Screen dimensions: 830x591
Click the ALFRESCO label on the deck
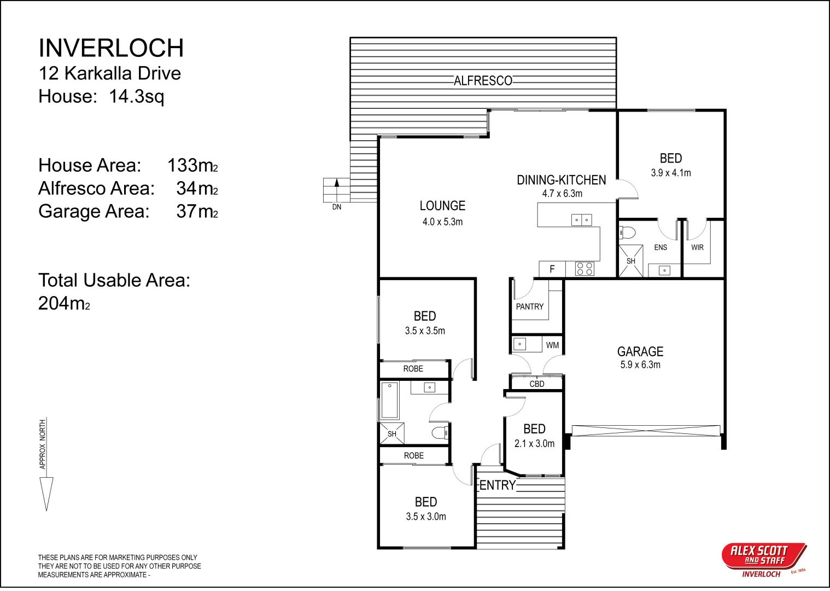coord(483,80)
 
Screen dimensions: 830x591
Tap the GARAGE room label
coord(640,351)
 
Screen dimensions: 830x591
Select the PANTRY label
coord(529,306)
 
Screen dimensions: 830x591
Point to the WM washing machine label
coord(552,345)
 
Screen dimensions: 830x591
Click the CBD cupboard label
coord(537,384)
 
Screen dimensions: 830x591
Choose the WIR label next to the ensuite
coord(697,247)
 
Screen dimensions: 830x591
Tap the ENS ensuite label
coord(661,247)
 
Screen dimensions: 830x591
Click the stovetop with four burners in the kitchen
coord(584,269)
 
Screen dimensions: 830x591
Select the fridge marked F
coord(552,269)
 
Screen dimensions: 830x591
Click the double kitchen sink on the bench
coord(581,220)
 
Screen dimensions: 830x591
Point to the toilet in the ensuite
coord(627,233)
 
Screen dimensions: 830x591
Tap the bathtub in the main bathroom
coord(389,401)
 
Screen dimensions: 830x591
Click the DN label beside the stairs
coord(337,207)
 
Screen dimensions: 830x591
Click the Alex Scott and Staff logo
coord(764,560)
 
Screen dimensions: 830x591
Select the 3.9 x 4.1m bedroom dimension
coord(671,173)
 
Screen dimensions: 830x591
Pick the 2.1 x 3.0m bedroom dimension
coord(534,443)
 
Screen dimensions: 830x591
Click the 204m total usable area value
coord(64,303)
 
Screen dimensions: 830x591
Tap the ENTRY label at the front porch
coord(498,485)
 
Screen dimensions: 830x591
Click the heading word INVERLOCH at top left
coord(111,48)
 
